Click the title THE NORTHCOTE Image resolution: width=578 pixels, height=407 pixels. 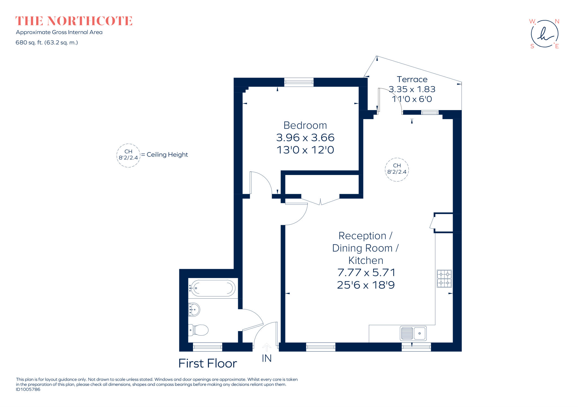pyautogui.click(x=74, y=21)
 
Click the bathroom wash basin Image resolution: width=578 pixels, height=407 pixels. pyautogui.click(x=194, y=309)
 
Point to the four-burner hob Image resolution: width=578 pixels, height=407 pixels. pyautogui.click(x=444, y=279)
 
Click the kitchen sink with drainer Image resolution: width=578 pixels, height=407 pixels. pyautogui.click(x=413, y=333)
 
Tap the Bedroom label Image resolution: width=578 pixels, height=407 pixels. pyautogui.click(x=305, y=125)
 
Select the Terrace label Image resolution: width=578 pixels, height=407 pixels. pyautogui.click(x=412, y=79)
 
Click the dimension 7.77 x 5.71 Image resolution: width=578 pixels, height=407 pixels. pyautogui.click(x=366, y=273)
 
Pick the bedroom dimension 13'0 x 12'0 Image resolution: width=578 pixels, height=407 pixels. pyautogui.click(x=305, y=150)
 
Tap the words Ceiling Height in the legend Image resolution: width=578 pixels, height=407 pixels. pyautogui.click(x=167, y=155)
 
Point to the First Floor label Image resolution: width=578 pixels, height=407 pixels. pyautogui.click(x=208, y=364)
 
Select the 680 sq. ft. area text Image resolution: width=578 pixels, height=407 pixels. pyautogui.click(x=47, y=43)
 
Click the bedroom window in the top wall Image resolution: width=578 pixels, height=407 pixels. pyautogui.click(x=299, y=82)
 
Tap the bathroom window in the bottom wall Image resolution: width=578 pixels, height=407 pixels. pyautogui.click(x=207, y=347)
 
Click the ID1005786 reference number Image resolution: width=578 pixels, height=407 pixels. pyautogui.click(x=28, y=390)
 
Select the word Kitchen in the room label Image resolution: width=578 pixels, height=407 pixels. pyautogui.click(x=366, y=260)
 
